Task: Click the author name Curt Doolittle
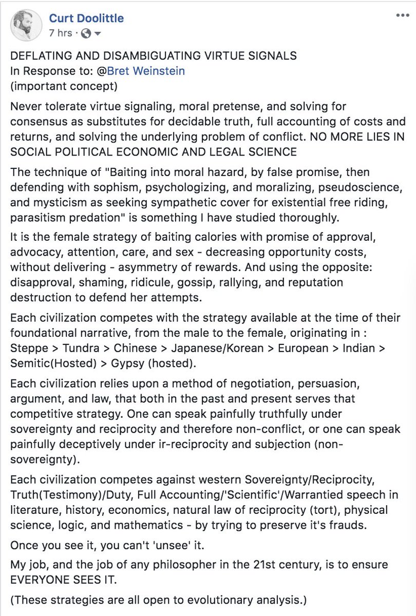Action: (86, 19)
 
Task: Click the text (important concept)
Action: (64, 86)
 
